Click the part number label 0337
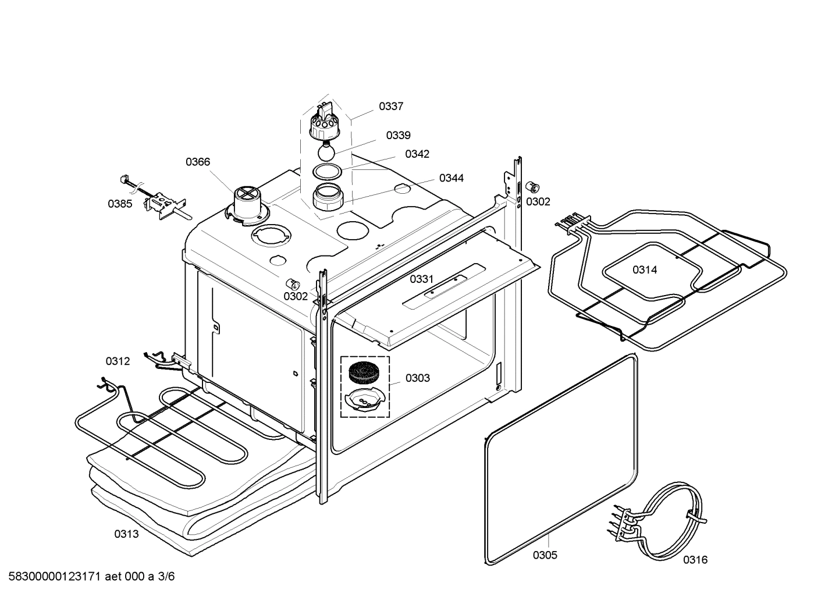pos(391,106)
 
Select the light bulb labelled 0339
pos(326,153)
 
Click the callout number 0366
pos(198,162)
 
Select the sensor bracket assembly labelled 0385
pos(165,205)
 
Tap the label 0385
pos(119,204)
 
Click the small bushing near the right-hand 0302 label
pos(532,187)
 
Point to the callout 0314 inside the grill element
pos(645,269)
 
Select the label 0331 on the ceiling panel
pos(421,279)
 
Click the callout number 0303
pos(418,378)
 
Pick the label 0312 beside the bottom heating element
pos(118,361)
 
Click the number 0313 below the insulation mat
pos(126,534)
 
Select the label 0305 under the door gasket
pos(545,555)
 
